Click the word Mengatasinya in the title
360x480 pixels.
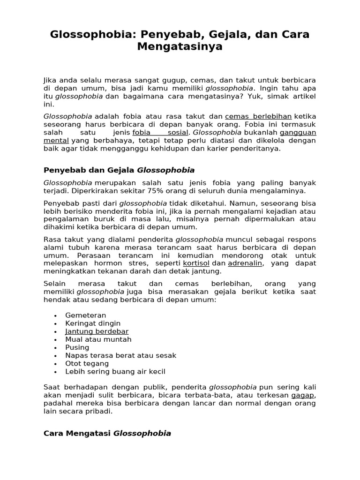pos(180,47)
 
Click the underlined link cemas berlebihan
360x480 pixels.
pos(258,116)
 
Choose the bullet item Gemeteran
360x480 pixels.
pos(86,315)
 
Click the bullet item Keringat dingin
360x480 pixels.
pos(93,323)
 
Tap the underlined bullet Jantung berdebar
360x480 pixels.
pos(97,331)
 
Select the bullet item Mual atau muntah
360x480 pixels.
pos(98,339)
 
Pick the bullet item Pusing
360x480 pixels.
pos(77,347)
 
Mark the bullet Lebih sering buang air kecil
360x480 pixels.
pos(115,371)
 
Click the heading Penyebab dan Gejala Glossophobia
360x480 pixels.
pos(119,170)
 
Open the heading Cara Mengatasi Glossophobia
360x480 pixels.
pos(107,433)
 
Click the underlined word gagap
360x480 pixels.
pos(302,395)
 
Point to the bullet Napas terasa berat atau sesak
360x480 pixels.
pos(121,355)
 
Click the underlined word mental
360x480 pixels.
pos(56,140)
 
